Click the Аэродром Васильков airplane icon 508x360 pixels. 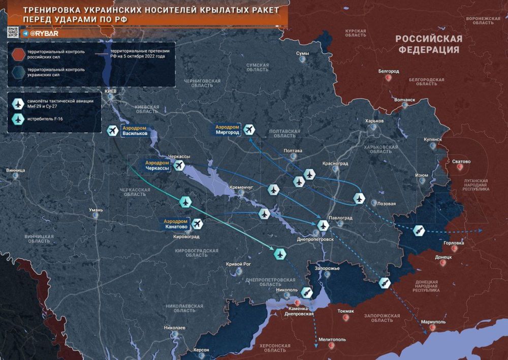pos(113,130)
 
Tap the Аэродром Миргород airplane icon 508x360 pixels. pos(248,130)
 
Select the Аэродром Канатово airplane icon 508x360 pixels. pos(197,224)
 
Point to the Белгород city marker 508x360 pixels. pos(389,78)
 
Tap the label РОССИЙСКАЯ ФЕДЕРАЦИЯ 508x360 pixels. pos(429,44)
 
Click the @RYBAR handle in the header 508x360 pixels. pos(39,33)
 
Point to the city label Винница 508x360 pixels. pos(15,170)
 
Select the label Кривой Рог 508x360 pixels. pos(238,264)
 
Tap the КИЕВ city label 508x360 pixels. pos(110,91)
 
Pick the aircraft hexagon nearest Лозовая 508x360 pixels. pos(360,198)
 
